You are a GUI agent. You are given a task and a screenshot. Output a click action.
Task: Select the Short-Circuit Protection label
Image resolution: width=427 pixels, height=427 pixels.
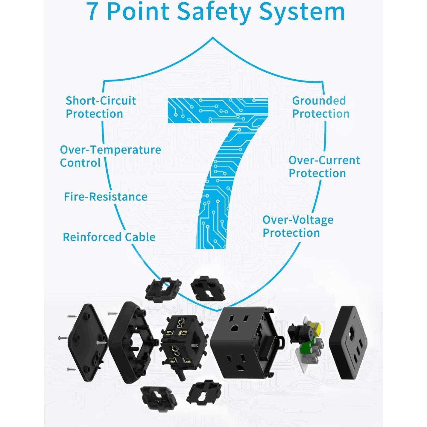pyautogui.click(x=101, y=107)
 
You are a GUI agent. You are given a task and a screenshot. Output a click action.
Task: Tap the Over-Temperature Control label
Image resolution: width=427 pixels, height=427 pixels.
pyautogui.click(x=110, y=156)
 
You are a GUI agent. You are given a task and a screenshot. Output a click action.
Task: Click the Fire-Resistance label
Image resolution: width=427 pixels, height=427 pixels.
pyautogui.click(x=106, y=197)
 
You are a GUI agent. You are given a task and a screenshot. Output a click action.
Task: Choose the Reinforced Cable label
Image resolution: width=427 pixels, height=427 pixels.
pyautogui.click(x=109, y=237)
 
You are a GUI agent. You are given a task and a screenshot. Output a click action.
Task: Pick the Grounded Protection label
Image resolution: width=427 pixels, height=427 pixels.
pyautogui.click(x=320, y=107)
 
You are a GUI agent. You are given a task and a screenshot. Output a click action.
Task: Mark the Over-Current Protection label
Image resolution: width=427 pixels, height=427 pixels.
pyautogui.click(x=324, y=167)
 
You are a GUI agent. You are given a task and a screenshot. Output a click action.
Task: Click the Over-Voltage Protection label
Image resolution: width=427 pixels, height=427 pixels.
pyautogui.click(x=298, y=226)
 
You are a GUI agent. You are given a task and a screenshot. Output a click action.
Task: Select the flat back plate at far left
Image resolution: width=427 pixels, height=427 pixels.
pyautogui.click(x=87, y=343)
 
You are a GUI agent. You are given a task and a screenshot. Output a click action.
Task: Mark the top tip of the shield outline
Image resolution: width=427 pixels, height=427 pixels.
pyautogui.click(x=213, y=38)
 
